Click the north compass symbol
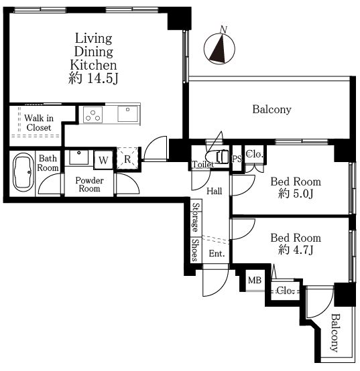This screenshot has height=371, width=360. pyautogui.click(x=219, y=48)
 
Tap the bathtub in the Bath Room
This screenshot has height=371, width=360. pyautogui.click(x=23, y=172)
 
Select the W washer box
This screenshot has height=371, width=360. pyautogui.click(x=103, y=160)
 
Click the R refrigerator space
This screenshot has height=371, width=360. pyautogui.click(x=127, y=159)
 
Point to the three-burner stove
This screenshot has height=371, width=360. pyautogui.click(x=93, y=115)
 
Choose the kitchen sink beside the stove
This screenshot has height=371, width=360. pyautogui.click(x=127, y=114)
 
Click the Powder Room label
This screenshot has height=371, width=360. pyautogui.click(x=89, y=185)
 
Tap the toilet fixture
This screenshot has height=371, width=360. pyautogui.click(x=217, y=156)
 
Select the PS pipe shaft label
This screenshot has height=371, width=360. pyautogui.click(x=237, y=159)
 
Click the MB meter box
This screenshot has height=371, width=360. pyautogui.click(x=255, y=281)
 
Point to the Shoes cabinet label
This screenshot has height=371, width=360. pyautogui.click(x=195, y=250)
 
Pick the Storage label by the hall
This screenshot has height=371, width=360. pyautogui.click(x=196, y=217)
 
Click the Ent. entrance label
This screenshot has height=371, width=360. pyautogui.click(x=217, y=254)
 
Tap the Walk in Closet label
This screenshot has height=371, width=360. pyautogui.click(x=39, y=123)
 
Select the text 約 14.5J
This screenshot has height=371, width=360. pyautogui.click(x=93, y=78)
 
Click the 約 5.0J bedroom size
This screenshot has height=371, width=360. pyautogui.click(x=296, y=194)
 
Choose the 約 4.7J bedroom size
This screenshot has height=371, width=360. pyautogui.click(x=296, y=250)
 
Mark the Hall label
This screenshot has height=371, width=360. pyautogui.click(x=214, y=191)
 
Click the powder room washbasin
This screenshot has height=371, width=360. pyautogui.click(x=78, y=157)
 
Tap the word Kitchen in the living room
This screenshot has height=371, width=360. pyautogui.click(x=94, y=65)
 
